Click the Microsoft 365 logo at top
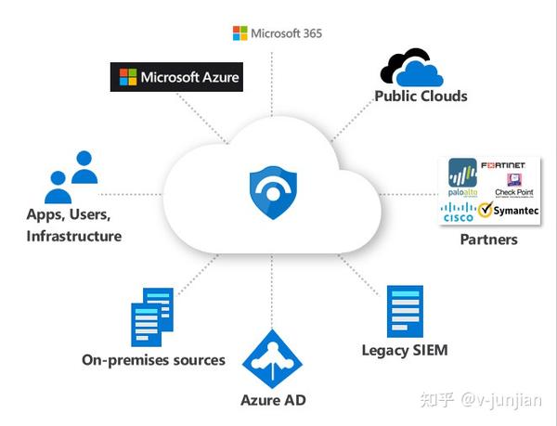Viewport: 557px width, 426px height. (277, 33)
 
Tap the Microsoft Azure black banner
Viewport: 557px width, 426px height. (175, 77)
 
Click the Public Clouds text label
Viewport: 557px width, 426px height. (421, 96)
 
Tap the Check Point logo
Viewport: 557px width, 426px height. (512, 186)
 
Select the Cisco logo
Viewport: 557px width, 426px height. (457, 212)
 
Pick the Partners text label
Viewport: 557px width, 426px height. (488, 239)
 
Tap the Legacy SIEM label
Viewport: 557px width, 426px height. (405, 350)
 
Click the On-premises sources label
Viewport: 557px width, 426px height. (153, 359)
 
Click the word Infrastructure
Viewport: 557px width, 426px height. (73, 236)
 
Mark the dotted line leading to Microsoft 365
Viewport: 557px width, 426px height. (271, 84)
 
